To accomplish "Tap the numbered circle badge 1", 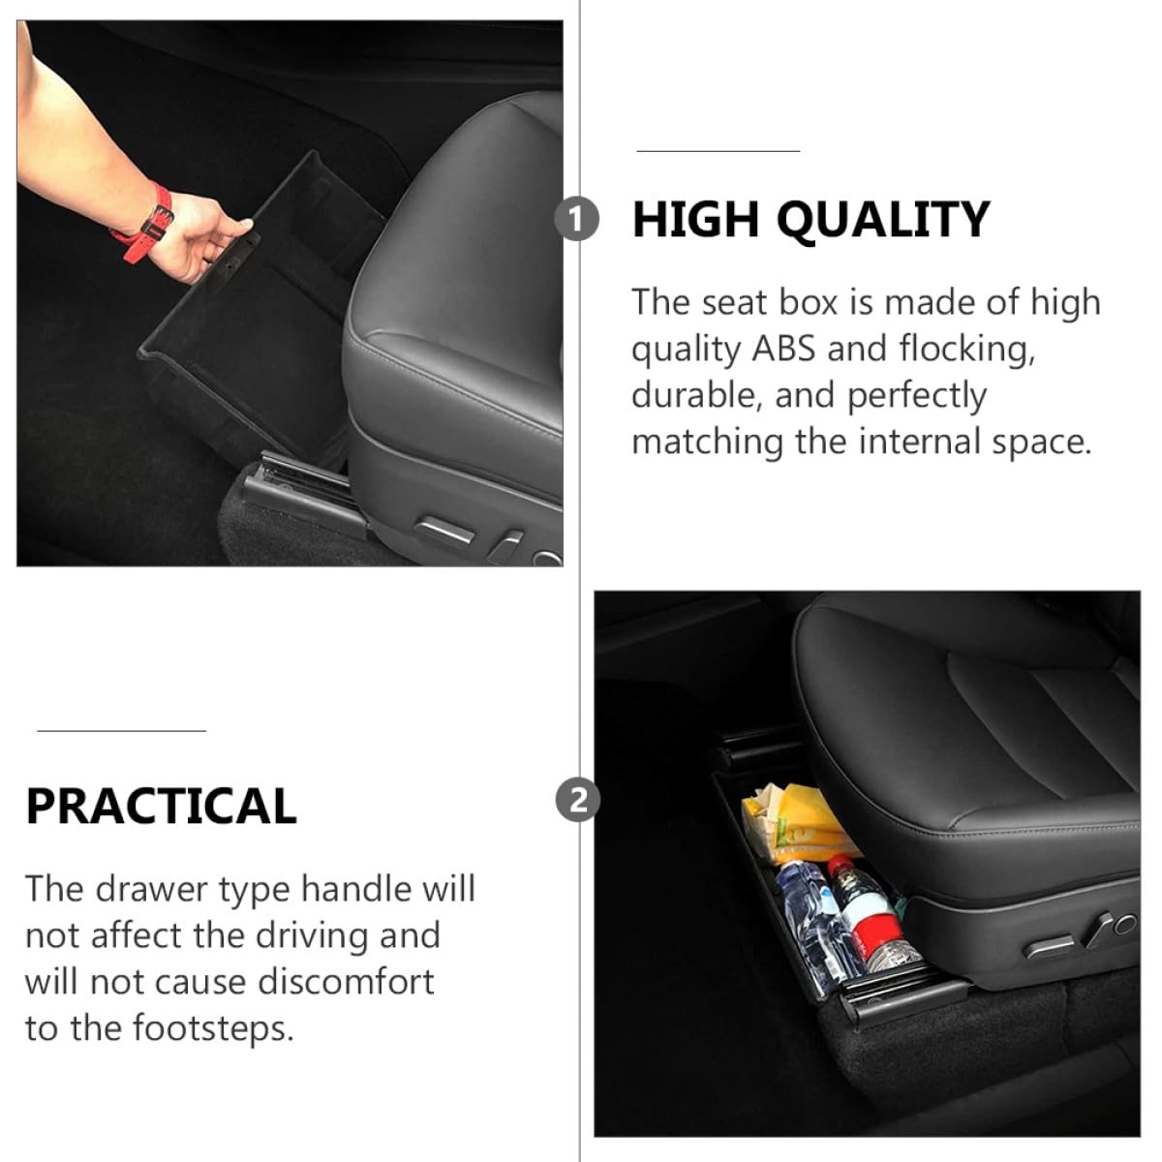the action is point(576,219).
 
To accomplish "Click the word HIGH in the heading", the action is point(695,219).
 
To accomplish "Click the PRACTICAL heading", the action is point(161,807).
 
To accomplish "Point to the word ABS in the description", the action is point(782,349).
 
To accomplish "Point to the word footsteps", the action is point(212,1029).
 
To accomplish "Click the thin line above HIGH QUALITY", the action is point(718,151).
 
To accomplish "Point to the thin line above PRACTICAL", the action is point(122,731).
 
